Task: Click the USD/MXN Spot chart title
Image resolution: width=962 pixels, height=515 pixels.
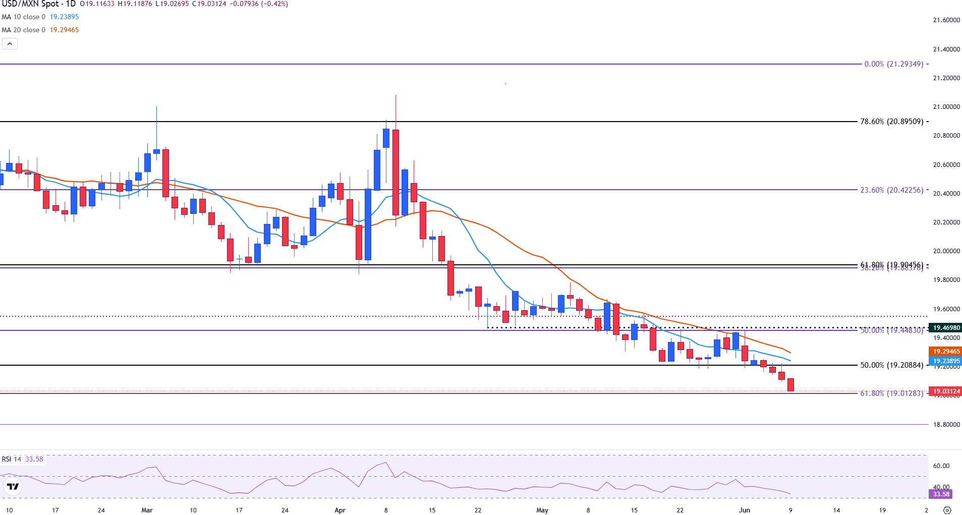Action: [38, 4]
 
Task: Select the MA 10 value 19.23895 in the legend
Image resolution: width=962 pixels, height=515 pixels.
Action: [64, 17]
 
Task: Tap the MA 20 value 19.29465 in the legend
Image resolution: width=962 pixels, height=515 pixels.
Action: [64, 30]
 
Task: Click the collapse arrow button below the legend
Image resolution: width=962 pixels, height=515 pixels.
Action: [10, 44]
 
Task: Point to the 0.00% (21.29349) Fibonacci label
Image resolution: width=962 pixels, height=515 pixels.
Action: [893, 64]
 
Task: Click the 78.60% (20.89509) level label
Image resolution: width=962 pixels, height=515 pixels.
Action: [891, 122]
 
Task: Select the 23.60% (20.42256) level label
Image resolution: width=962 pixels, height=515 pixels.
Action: [891, 190]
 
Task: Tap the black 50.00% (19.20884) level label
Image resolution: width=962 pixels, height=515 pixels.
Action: [891, 365]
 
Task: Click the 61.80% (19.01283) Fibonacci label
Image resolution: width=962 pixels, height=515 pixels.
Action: [891, 393]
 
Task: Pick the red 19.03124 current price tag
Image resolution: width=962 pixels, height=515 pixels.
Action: [946, 391]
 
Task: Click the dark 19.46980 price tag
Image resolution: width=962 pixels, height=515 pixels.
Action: [946, 328]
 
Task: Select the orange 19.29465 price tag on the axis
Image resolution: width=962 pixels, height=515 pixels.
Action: [946, 352]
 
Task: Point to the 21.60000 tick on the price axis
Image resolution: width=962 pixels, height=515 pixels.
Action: [946, 20]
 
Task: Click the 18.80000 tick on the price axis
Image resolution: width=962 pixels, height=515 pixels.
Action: [946, 425]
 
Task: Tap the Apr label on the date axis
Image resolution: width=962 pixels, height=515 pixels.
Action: [340, 510]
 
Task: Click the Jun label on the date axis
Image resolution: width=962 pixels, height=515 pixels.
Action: [744, 510]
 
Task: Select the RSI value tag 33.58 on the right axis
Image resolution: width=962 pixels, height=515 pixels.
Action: [941, 494]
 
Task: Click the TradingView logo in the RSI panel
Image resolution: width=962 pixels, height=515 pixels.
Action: [13, 487]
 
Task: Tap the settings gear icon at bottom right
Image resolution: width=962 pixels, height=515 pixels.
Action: [947, 510]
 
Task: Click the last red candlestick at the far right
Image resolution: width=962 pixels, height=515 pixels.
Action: [790, 384]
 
